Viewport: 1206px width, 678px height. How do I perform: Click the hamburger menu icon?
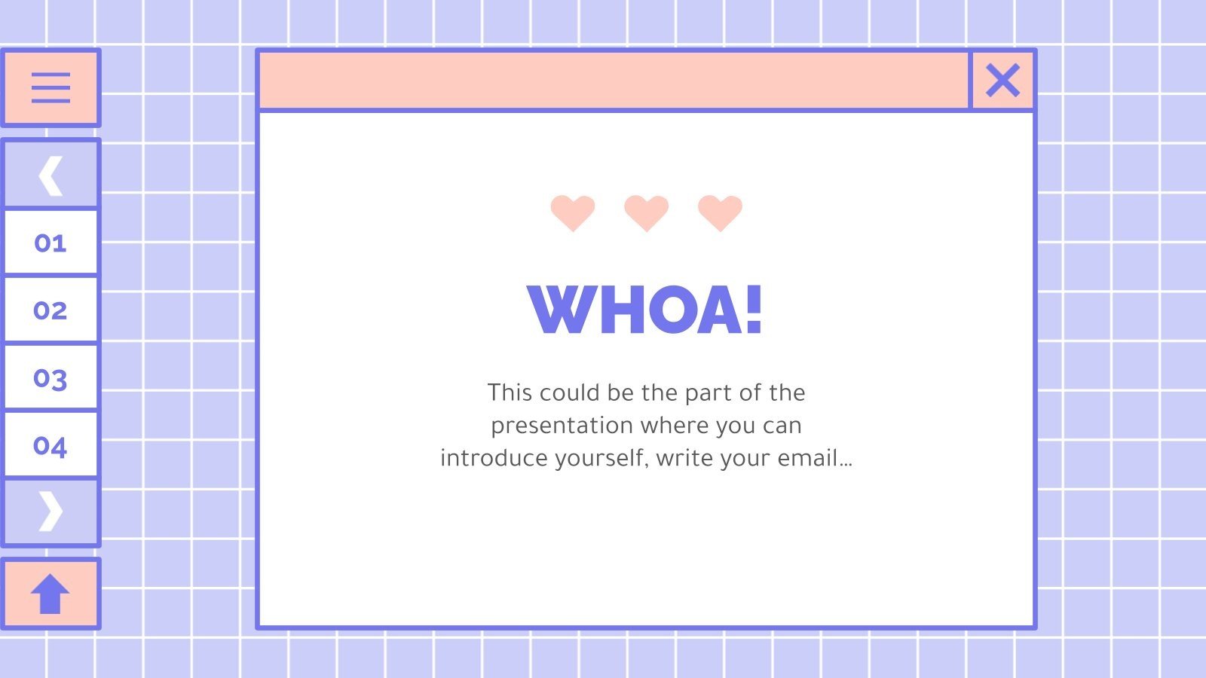tap(51, 87)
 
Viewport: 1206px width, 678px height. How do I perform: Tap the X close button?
tap(1002, 81)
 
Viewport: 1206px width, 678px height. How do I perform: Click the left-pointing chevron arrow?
tap(51, 176)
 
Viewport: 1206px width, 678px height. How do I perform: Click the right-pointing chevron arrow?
tap(51, 512)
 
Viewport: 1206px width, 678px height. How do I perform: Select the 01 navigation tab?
tap(51, 243)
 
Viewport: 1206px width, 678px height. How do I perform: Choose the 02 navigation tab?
tap(51, 310)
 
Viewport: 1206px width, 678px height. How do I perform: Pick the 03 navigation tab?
tap(51, 377)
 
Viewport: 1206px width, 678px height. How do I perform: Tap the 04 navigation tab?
tap(51, 445)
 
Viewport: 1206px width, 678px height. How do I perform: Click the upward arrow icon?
tap(51, 594)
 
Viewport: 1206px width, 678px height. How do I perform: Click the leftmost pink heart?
tap(573, 212)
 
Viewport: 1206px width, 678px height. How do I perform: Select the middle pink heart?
tap(647, 212)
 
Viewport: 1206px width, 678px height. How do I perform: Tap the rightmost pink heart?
tap(720, 212)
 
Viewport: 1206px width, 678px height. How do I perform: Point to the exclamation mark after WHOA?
tap(754, 310)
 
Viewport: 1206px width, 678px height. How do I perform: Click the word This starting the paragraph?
tap(510, 392)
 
